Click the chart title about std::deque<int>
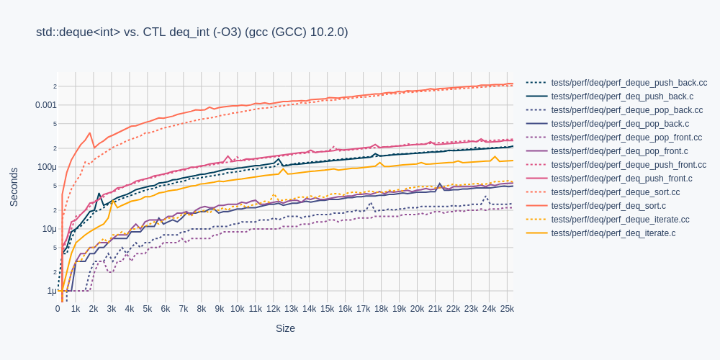coord(192,32)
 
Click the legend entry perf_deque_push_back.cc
coord(629,83)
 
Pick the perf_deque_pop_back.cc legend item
coord(626,110)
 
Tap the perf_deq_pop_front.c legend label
coord(619,151)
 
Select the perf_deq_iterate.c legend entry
coord(613,233)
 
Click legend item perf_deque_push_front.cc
coord(629,165)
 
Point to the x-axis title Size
coord(285,328)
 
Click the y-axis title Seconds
coord(14,186)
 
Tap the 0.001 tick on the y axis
coord(45,105)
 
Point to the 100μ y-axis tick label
coord(47,167)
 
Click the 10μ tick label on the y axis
coord(49,229)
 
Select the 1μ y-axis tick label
coord(51,291)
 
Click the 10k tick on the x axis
coord(238,309)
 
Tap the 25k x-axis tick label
coord(506,309)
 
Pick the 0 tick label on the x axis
coord(58,309)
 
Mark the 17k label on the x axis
coord(363,309)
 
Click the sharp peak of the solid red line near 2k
coord(90,132)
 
